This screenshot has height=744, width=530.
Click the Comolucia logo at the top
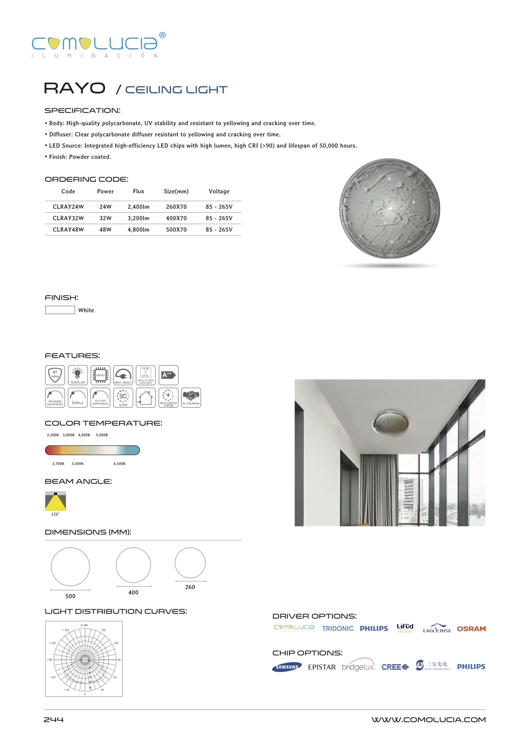pyautogui.click(x=98, y=45)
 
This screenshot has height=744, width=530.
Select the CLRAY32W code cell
pyautogui.click(x=68, y=218)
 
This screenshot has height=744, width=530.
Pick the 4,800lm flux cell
pyautogui.click(x=138, y=230)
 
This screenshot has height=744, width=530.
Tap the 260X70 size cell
pyautogui.click(x=176, y=207)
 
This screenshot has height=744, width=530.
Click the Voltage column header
pyautogui.click(x=219, y=192)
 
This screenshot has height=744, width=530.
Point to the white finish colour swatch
pyautogui.click(x=60, y=310)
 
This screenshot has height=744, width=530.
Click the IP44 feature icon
pyautogui.click(x=55, y=375)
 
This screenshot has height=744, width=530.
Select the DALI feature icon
pyautogui.click(x=78, y=398)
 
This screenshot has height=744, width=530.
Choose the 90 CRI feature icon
pyautogui.click(x=123, y=398)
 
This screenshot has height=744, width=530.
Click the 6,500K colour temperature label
pyautogui.click(x=119, y=464)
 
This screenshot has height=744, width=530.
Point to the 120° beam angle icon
pyautogui.click(x=55, y=501)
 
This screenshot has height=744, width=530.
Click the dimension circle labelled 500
pyautogui.click(x=71, y=567)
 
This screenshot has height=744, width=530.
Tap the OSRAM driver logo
pyautogui.click(x=471, y=629)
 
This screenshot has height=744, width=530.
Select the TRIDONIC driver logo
pyautogui.click(x=338, y=628)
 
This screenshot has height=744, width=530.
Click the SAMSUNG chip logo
pyautogui.click(x=287, y=667)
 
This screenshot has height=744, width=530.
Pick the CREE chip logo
pyautogui.click(x=395, y=667)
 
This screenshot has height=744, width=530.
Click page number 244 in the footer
pyautogui.click(x=54, y=720)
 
